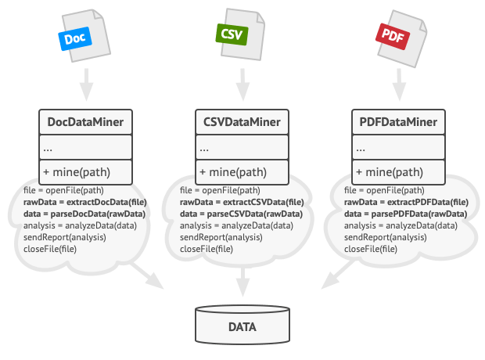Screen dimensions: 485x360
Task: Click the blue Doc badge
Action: tap(75, 38)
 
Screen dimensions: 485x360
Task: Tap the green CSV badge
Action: tap(232, 34)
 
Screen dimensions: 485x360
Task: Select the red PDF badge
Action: tap(393, 36)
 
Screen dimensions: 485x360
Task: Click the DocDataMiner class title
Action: tap(85, 122)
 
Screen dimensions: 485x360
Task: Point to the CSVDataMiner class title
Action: tap(242, 122)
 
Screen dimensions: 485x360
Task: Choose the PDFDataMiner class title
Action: tap(398, 122)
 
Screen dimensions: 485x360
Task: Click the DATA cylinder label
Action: tap(242, 327)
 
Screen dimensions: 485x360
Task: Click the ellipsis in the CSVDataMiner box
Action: tap(204, 149)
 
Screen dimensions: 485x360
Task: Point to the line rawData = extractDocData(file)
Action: tap(85, 202)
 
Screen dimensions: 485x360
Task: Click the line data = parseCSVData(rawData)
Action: tap(241, 214)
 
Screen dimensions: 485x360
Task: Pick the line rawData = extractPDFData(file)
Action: tap(406, 202)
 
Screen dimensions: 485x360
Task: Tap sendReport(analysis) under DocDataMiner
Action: tap(65, 237)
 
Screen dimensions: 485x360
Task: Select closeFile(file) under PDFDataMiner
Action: tap(371, 249)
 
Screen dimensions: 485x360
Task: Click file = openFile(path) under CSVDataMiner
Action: tap(220, 190)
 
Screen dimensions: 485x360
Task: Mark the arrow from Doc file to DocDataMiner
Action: tap(86, 85)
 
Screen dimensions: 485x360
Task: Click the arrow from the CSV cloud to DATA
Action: tap(242, 282)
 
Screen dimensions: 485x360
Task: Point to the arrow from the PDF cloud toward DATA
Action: tap(338, 274)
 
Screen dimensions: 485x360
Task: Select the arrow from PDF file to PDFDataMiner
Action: tap(399, 85)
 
